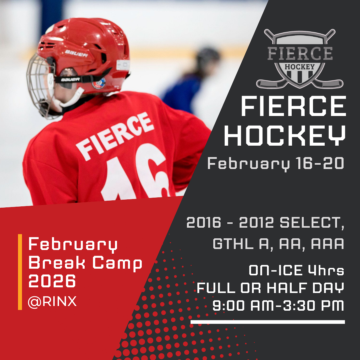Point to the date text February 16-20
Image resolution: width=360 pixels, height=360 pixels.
pyautogui.click(x=275, y=164)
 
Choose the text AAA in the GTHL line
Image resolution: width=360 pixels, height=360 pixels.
pyautogui.click(x=327, y=244)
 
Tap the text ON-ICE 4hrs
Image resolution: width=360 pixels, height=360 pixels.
pyautogui.click(x=296, y=271)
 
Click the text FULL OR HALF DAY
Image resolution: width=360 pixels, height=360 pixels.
pyautogui.click(x=270, y=288)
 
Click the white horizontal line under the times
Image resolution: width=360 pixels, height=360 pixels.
pyautogui.click(x=268, y=322)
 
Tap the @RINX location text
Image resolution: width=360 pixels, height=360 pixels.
pyautogui.click(x=52, y=302)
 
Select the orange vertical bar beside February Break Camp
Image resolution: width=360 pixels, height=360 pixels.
pyautogui.click(x=20, y=272)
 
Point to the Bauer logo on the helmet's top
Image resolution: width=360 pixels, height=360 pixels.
pyautogui.click(x=76, y=53)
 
